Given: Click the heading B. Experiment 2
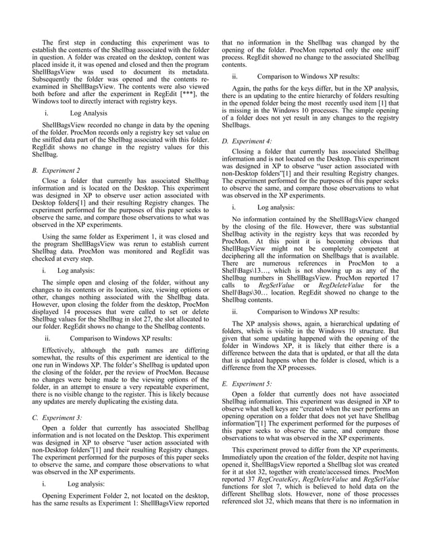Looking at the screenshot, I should point(57,171).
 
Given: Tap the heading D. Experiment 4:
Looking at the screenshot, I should point(248,141).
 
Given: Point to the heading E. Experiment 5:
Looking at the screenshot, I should point(247,383).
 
